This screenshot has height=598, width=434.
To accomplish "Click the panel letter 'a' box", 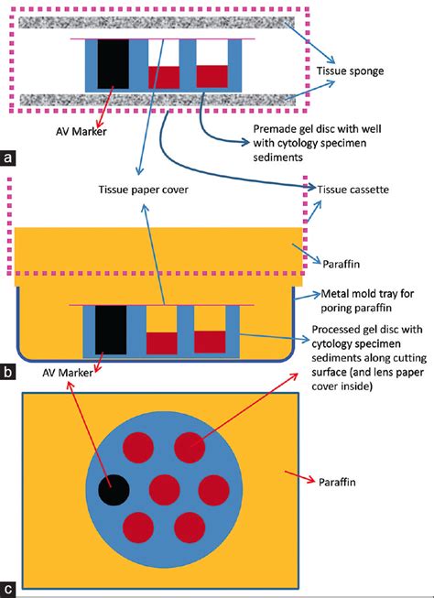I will [x=8, y=157].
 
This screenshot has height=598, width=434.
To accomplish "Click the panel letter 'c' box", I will [x=8, y=589].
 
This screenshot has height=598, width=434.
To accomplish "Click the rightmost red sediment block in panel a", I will [x=212, y=76].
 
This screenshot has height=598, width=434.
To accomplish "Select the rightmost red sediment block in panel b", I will [x=212, y=340].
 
